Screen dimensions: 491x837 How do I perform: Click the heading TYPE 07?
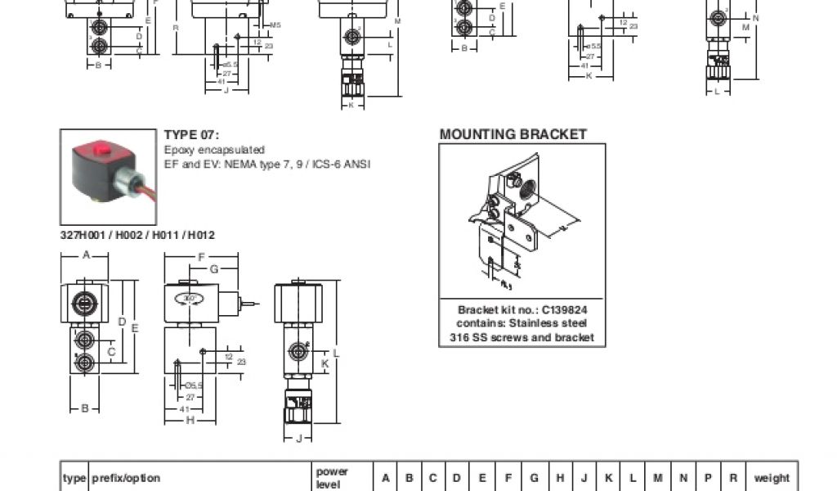click(x=192, y=135)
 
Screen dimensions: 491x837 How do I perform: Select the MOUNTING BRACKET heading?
click(x=512, y=134)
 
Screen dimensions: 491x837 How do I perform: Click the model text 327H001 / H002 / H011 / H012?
click(x=137, y=235)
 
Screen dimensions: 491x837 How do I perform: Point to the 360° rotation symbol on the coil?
click(x=190, y=299)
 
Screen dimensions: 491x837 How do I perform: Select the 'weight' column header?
click(x=771, y=478)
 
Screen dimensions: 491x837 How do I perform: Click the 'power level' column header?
click(x=332, y=478)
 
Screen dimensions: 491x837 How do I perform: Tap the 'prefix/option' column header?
click(x=126, y=478)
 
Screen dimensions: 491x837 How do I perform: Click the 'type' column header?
click(x=74, y=478)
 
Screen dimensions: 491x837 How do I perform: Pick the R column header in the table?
click(x=733, y=478)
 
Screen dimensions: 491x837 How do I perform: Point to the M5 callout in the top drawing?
click(x=275, y=25)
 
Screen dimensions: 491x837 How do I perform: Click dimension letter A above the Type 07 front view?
click(x=84, y=255)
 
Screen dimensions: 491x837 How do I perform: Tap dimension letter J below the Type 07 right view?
click(x=298, y=439)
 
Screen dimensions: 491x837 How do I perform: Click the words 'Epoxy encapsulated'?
click(x=214, y=150)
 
